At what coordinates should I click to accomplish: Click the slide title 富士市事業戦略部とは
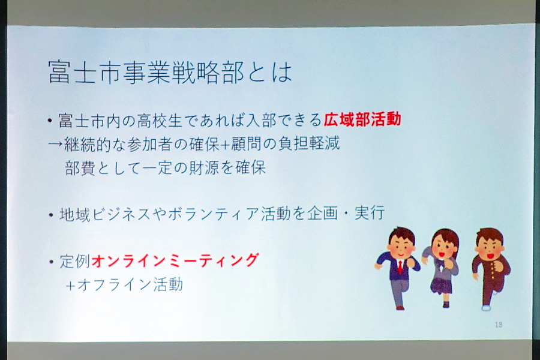170,73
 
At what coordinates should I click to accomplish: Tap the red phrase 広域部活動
362,119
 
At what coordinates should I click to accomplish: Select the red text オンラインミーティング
175,260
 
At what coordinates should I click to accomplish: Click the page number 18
499,325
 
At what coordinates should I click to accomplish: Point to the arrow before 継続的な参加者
55,143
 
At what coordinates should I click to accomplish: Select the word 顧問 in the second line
247,143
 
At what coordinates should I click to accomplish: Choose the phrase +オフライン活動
124,285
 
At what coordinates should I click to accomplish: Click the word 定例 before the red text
75,261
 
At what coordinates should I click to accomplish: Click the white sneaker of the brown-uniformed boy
486,307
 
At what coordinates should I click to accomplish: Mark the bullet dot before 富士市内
50,121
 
